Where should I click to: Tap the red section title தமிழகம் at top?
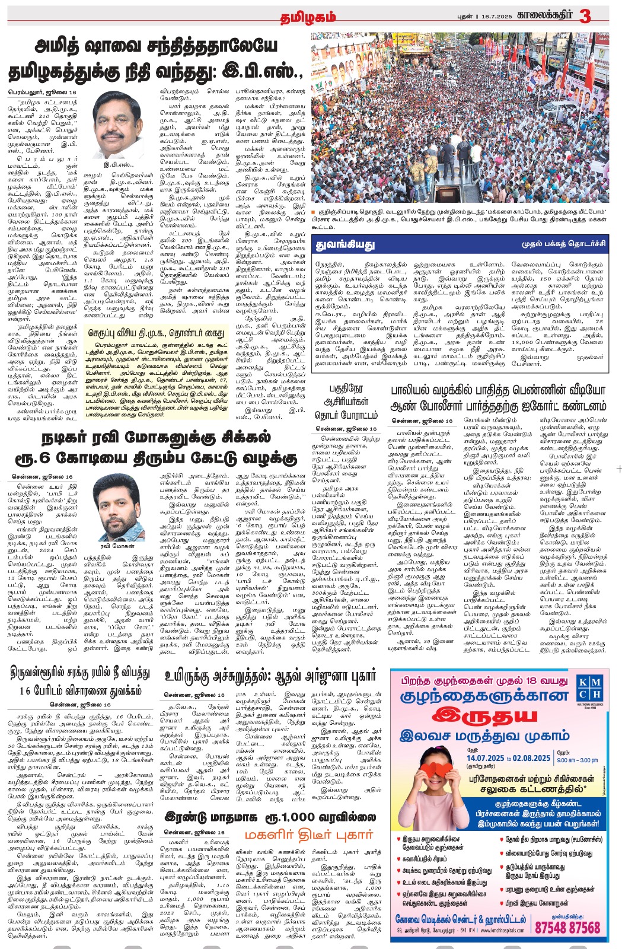click(x=308, y=17)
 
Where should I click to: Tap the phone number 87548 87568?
click(x=568, y=927)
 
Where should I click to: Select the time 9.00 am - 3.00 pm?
click(x=577, y=760)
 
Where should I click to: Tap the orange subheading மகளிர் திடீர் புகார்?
click(x=310, y=834)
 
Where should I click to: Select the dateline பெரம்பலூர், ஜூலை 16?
click(x=42, y=93)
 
